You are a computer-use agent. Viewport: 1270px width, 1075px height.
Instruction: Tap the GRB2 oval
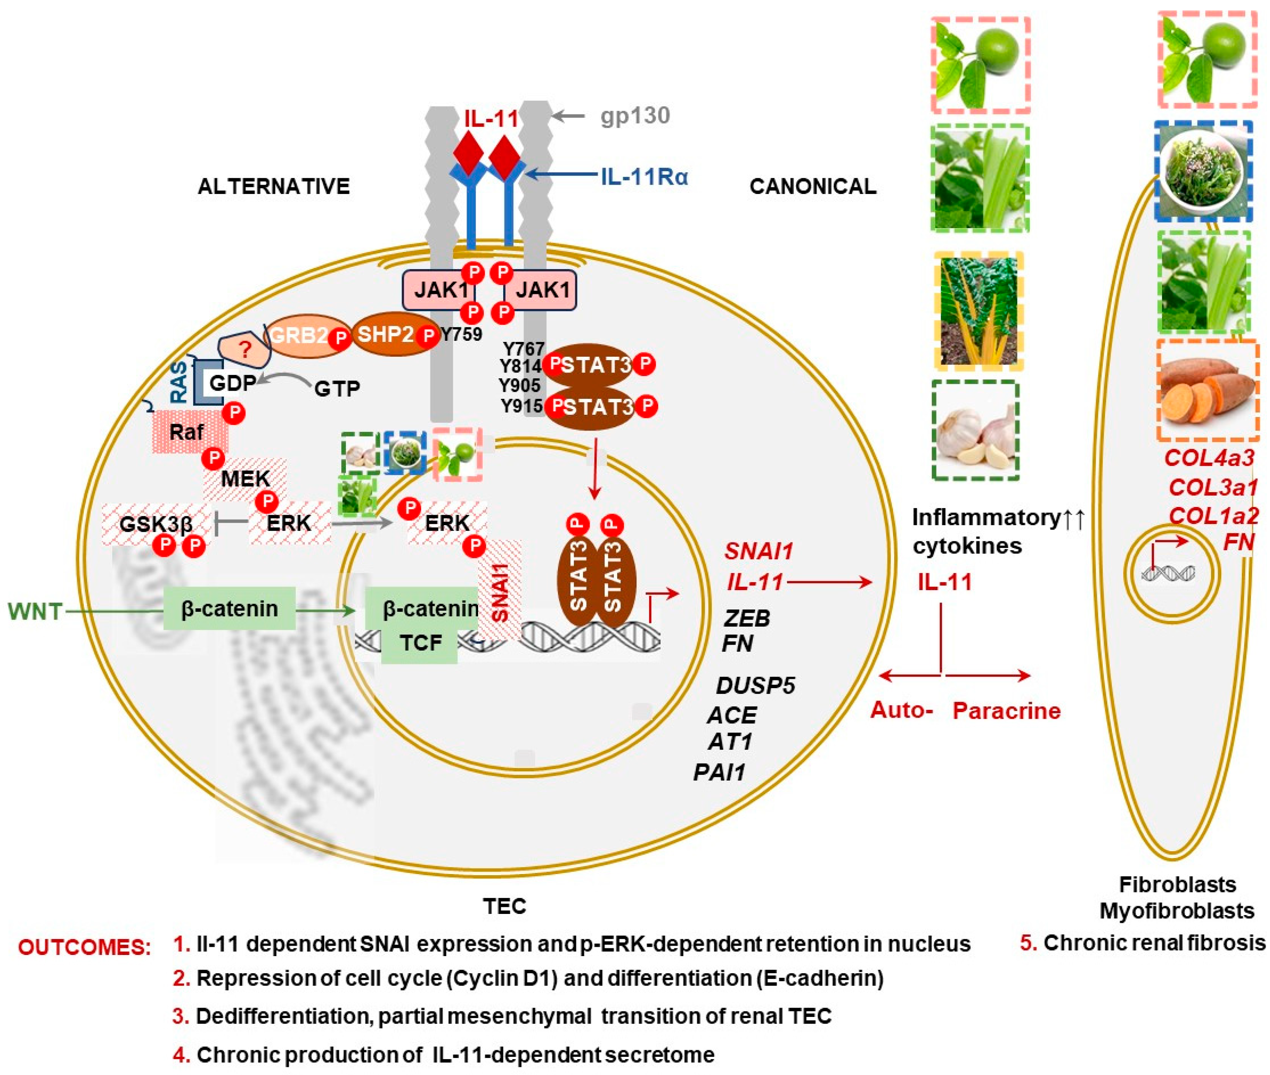click(x=299, y=335)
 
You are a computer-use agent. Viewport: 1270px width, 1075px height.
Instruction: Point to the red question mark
click(x=245, y=349)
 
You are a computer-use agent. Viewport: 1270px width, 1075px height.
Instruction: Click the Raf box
click(x=187, y=431)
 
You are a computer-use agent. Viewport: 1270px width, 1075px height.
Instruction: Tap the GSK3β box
click(x=156, y=523)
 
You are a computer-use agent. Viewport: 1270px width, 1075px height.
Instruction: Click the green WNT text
click(x=35, y=611)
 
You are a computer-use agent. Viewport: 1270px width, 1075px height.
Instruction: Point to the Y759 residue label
click(x=461, y=334)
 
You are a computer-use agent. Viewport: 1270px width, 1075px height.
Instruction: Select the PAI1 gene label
click(x=719, y=772)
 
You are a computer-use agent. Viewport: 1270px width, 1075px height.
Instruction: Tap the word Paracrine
click(x=1006, y=711)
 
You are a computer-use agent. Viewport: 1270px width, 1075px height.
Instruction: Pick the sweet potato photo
click(x=1207, y=390)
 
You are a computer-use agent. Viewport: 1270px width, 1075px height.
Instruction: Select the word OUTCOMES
click(x=84, y=947)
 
